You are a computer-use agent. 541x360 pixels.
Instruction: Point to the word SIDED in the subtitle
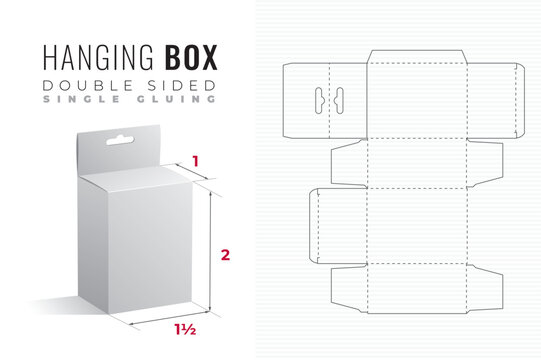click(x=174, y=81)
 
